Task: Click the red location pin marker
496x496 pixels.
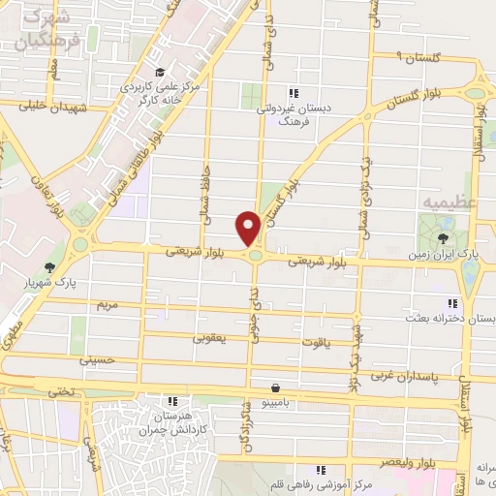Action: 249,228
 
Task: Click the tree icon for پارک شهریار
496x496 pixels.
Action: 49,267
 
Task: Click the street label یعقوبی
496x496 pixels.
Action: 210,338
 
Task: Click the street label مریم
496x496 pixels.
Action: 107,305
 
